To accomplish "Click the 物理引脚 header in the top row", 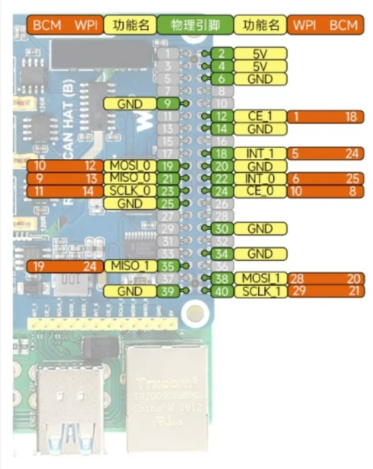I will click(196, 25).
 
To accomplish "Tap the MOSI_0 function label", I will click(130, 166).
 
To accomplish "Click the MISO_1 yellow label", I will click(130, 266).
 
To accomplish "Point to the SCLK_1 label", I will click(260, 291).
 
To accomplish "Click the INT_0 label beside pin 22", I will click(260, 179).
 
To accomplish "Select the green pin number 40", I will click(223, 291).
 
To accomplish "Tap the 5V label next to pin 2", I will click(260, 54).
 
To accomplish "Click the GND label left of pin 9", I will click(130, 103).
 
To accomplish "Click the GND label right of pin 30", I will click(260, 229).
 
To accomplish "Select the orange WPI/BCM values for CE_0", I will click(326, 191).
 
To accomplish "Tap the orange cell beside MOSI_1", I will click(326, 279).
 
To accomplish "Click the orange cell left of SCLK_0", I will click(64, 191).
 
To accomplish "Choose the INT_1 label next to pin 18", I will click(260, 154).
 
